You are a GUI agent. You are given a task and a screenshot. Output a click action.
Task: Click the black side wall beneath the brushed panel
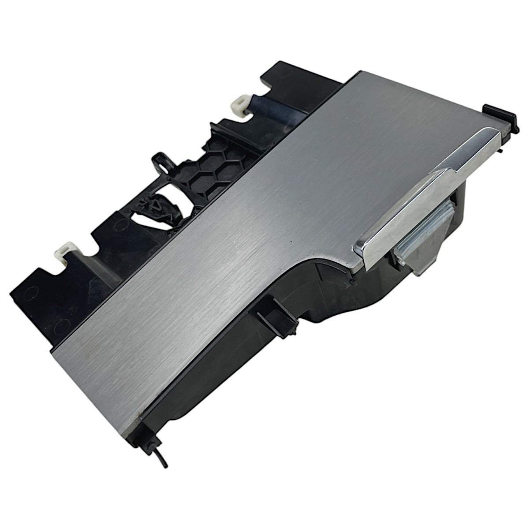(x=220, y=366)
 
